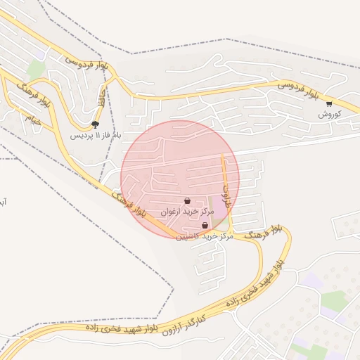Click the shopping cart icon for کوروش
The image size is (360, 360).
[329, 103]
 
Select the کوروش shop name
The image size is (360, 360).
[330, 113]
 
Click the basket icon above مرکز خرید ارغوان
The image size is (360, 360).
[187, 201]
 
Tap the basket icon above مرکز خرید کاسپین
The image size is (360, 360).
[205, 226]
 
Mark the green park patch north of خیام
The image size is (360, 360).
[37, 68]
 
